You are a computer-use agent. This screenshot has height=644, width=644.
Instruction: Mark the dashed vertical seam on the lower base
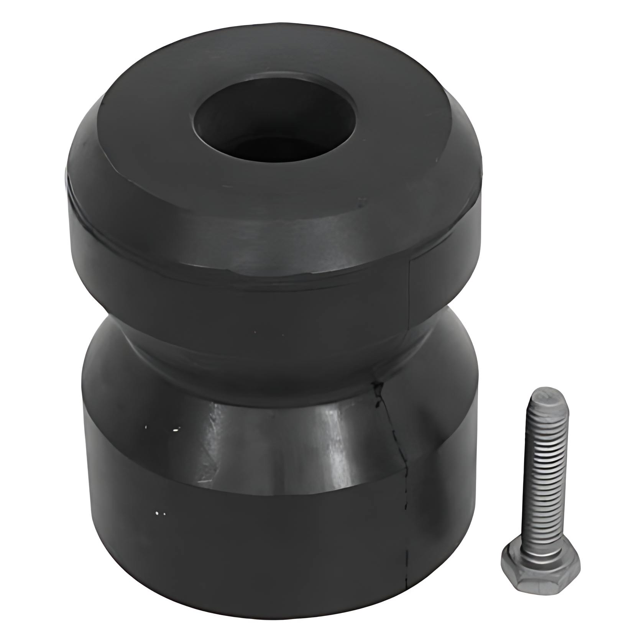[x=406, y=537]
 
